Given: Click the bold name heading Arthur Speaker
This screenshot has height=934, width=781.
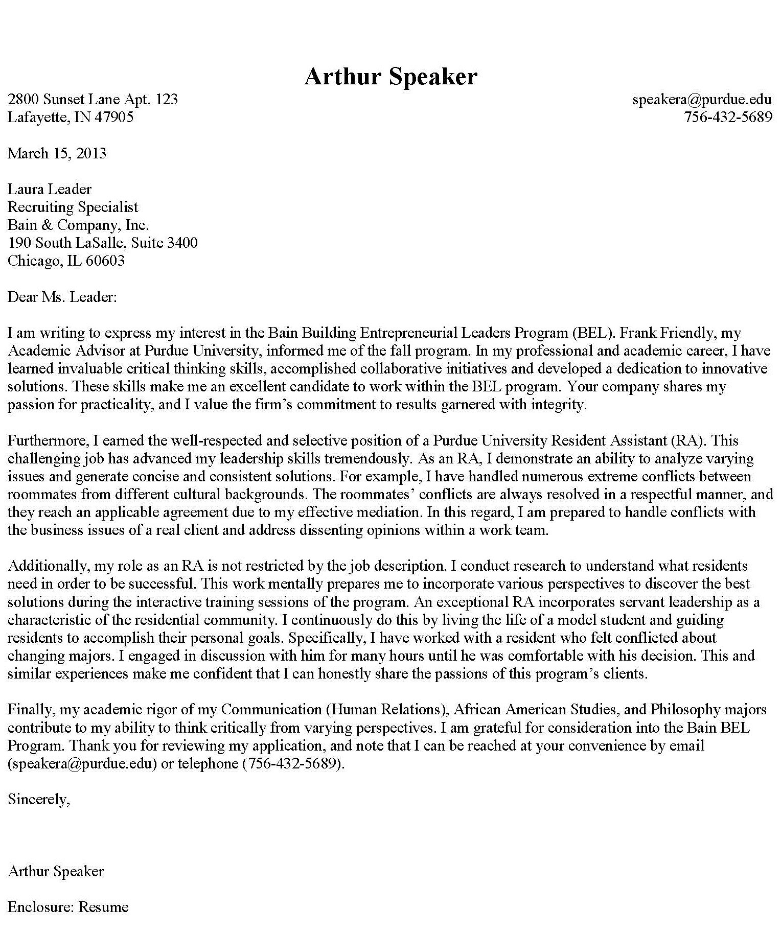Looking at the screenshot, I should pyautogui.click(x=390, y=77).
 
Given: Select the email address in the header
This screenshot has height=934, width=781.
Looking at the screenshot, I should pyautogui.click(x=702, y=99).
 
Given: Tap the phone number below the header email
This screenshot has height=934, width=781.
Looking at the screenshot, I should pyautogui.click(x=728, y=117).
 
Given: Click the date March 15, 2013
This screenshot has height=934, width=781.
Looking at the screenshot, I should pyautogui.click(x=57, y=153).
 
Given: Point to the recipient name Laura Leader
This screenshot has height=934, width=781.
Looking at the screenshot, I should pyautogui.click(x=49, y=189).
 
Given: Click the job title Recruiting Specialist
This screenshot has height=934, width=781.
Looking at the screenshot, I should pyautogui.click(x=73, y=207).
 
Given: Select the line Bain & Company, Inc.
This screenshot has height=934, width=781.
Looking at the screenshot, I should pyautogui.click(x=78, y=225).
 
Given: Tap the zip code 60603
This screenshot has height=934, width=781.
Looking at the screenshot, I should pyautogui.click(x=105, y=261).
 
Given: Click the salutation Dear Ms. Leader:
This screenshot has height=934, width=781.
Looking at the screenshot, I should pyautogui.click(x=62, y=297).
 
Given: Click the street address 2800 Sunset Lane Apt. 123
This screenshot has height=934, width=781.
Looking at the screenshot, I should pyautogui.click(x=93, y=99).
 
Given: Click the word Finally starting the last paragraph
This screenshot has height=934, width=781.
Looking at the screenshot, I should pyautogui.click(x=30, y=710).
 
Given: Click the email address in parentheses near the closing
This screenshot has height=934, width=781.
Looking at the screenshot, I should pyautogui.click(x=82, y=764).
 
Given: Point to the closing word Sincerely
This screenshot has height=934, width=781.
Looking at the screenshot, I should pyautogui.click(x=38, y=799).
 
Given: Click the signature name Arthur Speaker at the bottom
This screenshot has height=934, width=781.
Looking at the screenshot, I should pyautogui.click(x=56, y=871).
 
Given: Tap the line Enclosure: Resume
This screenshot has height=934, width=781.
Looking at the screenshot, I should pyautogui.click(x=68, y=907).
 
